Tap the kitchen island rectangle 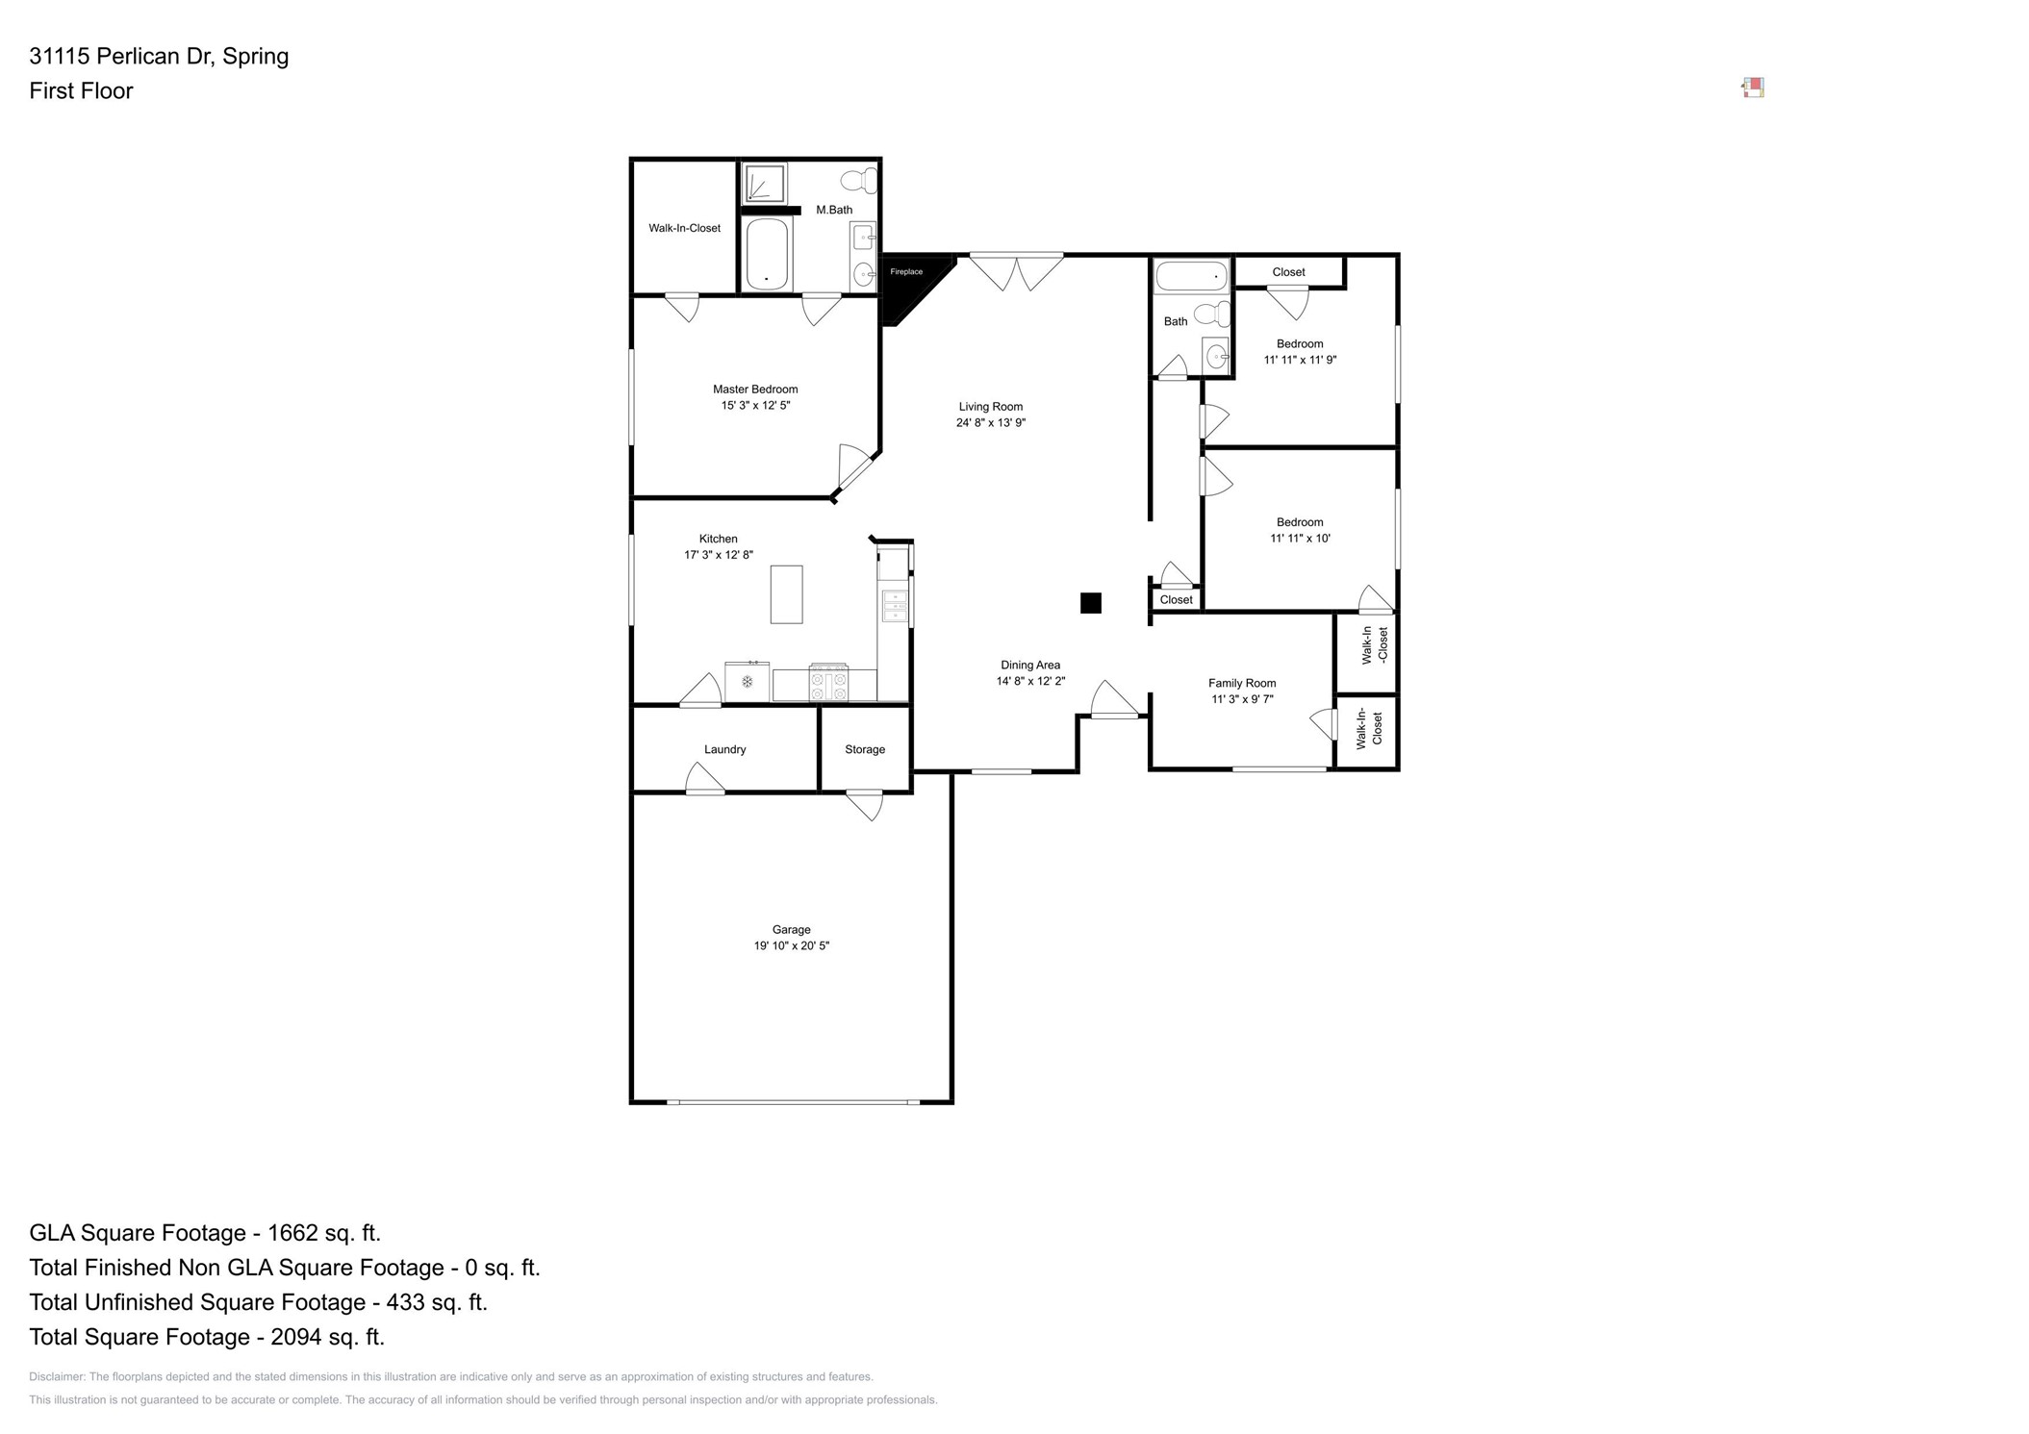point(786,594)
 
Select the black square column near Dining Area point(1090,603)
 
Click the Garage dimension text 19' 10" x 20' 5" point(791,946)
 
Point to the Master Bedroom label point(755,390)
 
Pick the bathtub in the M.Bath point(767,254)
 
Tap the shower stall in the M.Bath point(765,183)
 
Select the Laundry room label point(724,749)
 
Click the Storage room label point(864,749)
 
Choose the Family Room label point(1242,683)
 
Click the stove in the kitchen point(828,683)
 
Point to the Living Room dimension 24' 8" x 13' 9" point(990,423)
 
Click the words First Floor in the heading point(81,90)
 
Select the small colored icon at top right point(1753,88)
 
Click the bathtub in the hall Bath point(1192,276)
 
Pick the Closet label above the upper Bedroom point(1288,272)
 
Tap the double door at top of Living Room point(1016,269)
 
